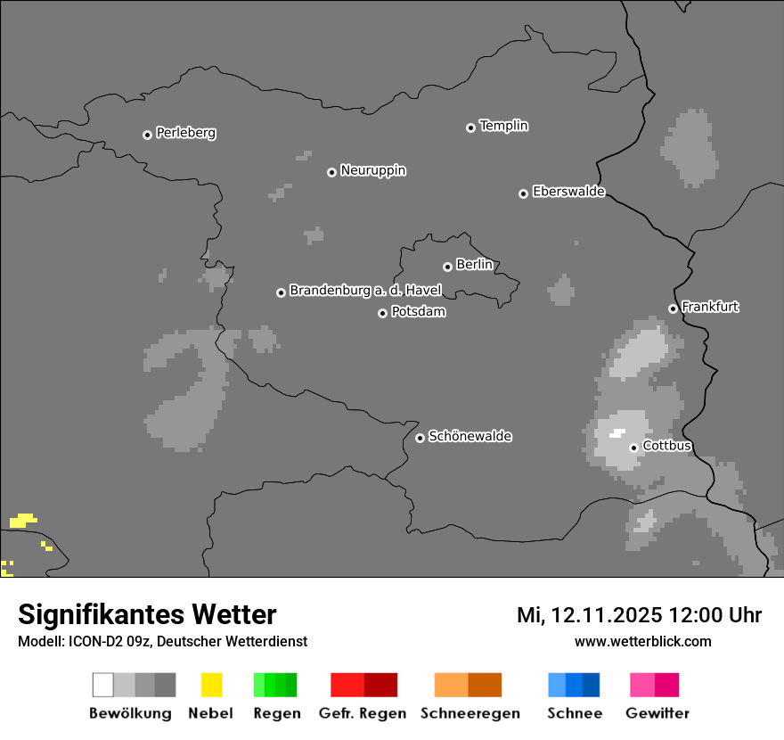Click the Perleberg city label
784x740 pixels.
[x=185, y=133]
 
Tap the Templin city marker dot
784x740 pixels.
[x=470, y=127]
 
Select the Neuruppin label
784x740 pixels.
[x=372, y=170]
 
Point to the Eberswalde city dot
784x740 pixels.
[x=523, y=193]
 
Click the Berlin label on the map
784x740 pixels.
[x=474, y=265]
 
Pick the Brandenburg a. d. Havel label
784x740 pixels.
[x=365, y=291]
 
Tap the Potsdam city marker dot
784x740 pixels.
[x=382, y=313]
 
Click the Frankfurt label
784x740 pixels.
[x=710, y=307]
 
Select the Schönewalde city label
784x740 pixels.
[x=470, y=436]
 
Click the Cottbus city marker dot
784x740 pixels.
[x=633, y=448]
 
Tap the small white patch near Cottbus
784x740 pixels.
[x=617, y=433]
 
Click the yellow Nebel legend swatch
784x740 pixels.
[x=211, y=685]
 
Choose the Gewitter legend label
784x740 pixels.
[x=657, y=713]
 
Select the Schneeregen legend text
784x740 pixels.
[x=470, y=713]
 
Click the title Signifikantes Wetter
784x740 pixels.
[x=147, y=614]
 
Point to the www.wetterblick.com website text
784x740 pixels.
[x=642, y=641]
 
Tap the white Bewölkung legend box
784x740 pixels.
[x=103, y=685]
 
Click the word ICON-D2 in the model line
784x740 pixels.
[x=93, y=641]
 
